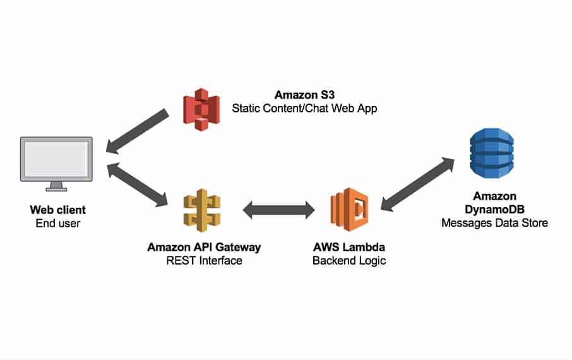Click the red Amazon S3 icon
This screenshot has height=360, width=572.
(x=201, y=109)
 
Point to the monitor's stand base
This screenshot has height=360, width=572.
(x=57, y=188)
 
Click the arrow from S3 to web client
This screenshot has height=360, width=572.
(x=138, y=131)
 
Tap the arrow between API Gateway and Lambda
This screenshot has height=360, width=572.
(x=278, y=210)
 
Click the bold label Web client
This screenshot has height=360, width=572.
(x=57, y=210)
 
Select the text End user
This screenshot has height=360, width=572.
(x=57, y=222)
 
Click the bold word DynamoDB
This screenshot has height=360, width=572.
(x=494, y=210)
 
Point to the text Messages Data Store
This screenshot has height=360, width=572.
(x=494, y=222)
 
